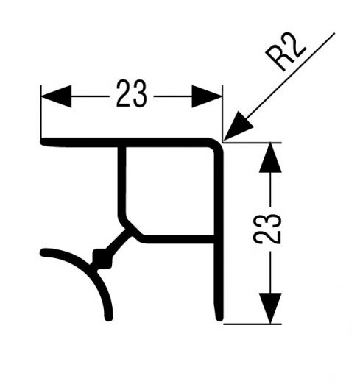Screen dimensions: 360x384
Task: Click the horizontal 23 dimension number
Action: point(132,93)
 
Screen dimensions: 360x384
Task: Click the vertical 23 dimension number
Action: point(267,229)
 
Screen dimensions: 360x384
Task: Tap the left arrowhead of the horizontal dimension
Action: point(56,96)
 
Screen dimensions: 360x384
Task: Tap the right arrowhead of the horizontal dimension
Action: point(207,96)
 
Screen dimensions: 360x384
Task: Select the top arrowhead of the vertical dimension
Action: point(270,158)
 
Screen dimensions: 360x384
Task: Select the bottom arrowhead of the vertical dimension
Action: point(270,308)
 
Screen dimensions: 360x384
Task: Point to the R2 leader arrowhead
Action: point(237,127)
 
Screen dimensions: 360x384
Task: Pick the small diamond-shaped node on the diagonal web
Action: point(102,258)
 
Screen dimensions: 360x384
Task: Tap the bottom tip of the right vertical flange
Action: point(219,319)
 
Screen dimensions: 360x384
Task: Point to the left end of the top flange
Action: point(42,142)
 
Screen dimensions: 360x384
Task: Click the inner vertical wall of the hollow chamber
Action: point(121,182)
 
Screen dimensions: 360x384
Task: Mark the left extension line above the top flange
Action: point(41,112)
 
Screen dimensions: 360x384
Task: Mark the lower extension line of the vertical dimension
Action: point(253,324)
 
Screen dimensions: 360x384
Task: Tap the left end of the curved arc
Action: point(42,252)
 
